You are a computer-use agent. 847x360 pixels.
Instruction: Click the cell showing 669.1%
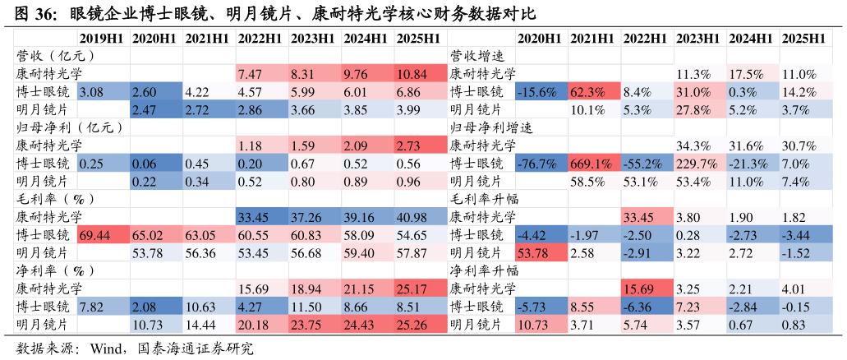coord(594,164)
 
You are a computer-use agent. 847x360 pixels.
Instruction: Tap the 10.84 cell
coord(421,74)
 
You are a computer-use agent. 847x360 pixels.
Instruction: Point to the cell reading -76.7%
coord(541,164)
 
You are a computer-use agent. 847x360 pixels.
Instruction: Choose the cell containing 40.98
coord(421,217)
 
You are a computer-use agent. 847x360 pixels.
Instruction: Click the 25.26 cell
coord(421,325)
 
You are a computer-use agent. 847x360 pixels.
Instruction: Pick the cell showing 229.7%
coord(700,164)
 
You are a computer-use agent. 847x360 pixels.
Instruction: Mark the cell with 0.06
coord(156,164)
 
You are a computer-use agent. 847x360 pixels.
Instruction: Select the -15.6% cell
coord(541,92)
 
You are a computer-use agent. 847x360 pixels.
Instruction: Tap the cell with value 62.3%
coord(594,92)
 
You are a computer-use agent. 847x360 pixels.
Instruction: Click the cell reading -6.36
coord(647,307)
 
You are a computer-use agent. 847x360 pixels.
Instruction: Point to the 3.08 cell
coord(103,92)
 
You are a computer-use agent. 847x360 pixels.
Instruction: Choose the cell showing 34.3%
coord(700,145)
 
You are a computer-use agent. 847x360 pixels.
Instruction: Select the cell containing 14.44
coord(209,325)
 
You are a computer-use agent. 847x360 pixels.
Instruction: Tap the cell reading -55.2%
coord(647,164)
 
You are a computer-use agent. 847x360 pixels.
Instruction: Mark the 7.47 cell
coord(262,74)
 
